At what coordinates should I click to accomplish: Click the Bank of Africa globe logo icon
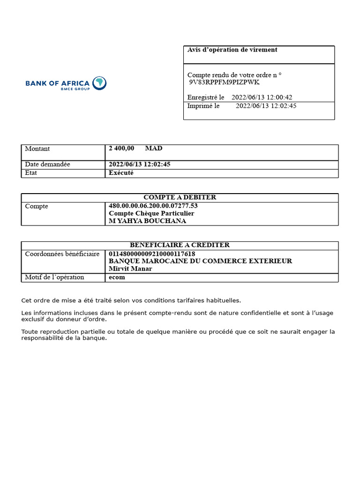99,83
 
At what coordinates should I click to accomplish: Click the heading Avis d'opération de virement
232,50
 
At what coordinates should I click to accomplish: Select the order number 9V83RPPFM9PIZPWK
224,82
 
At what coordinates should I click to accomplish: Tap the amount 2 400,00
121,149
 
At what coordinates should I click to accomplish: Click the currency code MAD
154,149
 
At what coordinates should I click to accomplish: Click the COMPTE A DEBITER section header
180,197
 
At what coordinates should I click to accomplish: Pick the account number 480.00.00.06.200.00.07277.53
153,206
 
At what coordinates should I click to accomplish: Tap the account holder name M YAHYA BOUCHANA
147,221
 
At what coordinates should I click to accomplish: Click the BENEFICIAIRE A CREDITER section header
180,245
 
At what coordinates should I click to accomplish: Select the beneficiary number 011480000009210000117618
152,254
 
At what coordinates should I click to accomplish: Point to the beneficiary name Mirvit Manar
131,269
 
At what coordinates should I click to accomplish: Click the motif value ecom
117,277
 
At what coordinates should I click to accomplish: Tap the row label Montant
37,149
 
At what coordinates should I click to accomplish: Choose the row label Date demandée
47,165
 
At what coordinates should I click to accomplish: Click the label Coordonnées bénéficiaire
62,254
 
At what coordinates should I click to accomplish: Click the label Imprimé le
203,106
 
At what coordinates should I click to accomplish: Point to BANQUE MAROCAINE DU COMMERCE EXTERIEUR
200,261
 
